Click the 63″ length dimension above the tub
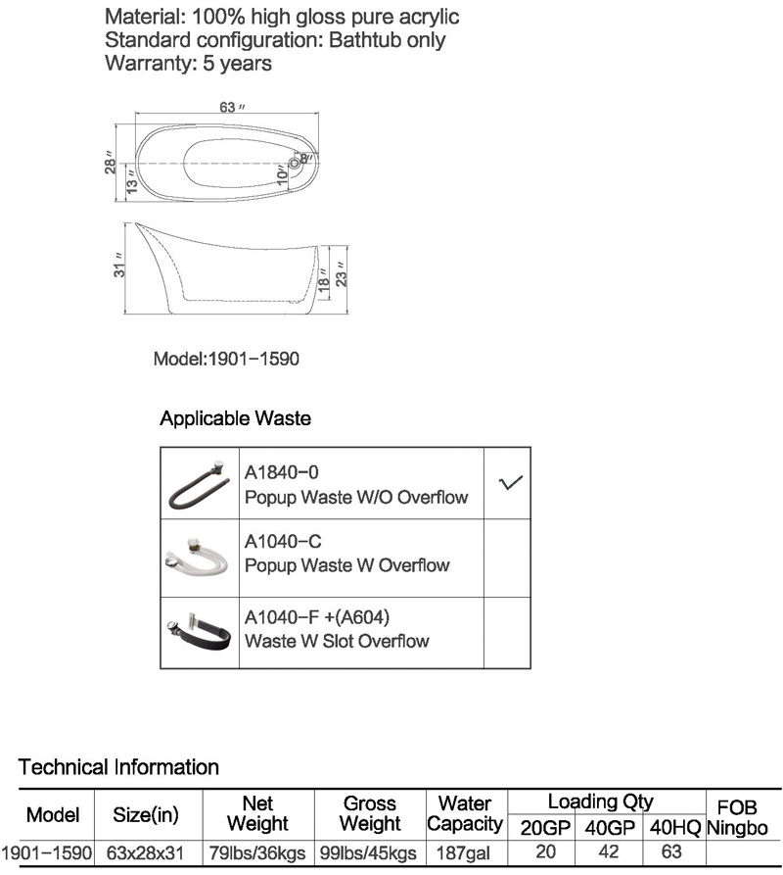click(232, 107)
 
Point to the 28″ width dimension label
click(110, 163)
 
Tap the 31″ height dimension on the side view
click(119, 266)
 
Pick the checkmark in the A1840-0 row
click(511, 482)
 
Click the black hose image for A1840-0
click(199, 484)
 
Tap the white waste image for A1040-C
click(198, 557)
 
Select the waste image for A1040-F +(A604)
click(199, 631)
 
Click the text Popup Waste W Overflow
click(347, 565)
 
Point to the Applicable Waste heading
click(235, 418)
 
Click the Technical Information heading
click(118, 767)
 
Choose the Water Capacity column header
click(465, 813)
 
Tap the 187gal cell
click(463, 853)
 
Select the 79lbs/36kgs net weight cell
click(257, 853)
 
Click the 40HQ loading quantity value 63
click(671, 851)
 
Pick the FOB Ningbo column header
click(737, 817)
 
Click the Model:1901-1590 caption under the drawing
click(226, 359)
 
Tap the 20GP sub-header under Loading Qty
click(545, 828)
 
